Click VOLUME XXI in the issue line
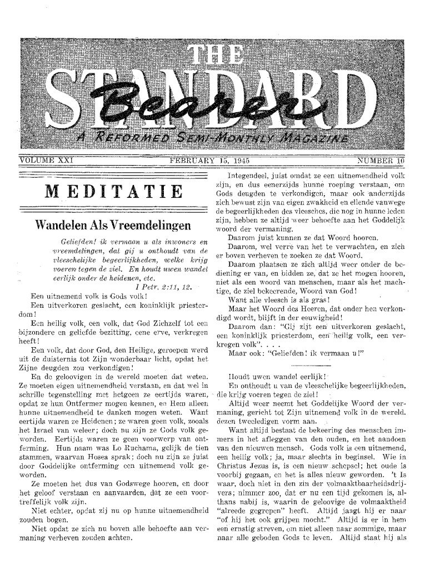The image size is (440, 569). click(42, 160)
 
